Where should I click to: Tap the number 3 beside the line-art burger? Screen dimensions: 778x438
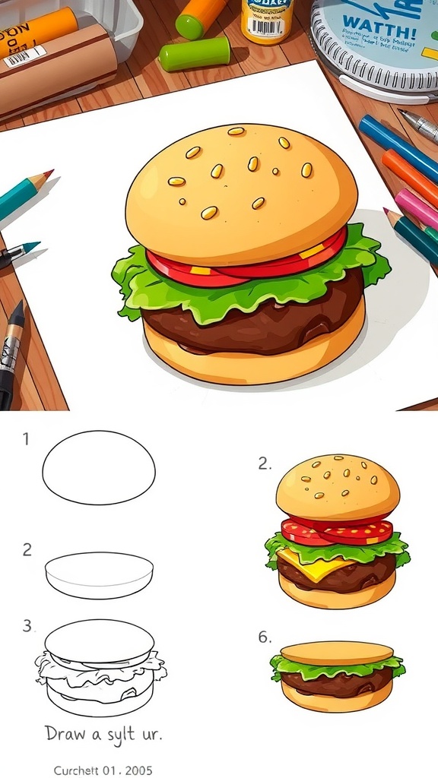pyautogui.click(x=27, y=626)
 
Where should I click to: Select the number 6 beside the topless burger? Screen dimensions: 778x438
pyautogui.click(x=264, y=637)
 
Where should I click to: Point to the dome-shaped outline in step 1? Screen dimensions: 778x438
pyautogui.click(x=99, y=466)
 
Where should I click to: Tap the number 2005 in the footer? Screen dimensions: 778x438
pyautogui.click(x=137, y=770)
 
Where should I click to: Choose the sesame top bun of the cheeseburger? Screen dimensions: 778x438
pyautogui.click(x=337, y=487)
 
